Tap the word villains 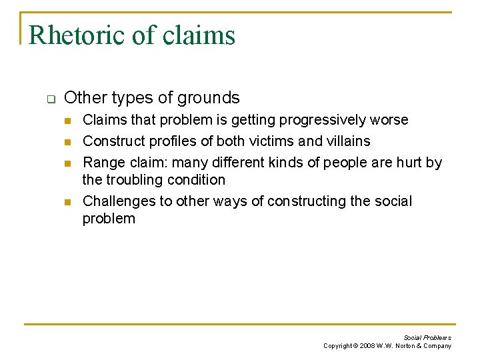pyautogui.click(x=347, y=141)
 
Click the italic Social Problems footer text pyautogui.click(x=427, y=338)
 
